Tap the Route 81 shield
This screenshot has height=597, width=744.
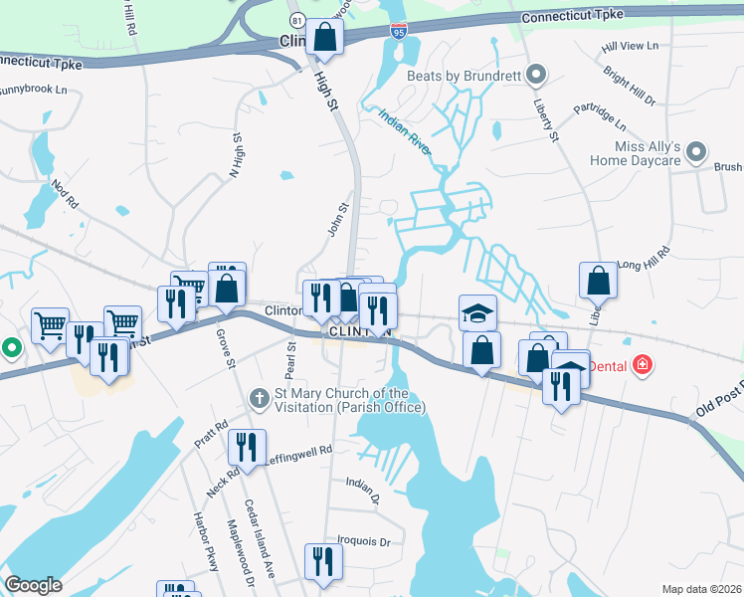[x=296, y=20]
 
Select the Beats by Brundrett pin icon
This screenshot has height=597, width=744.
[x=537, y=75]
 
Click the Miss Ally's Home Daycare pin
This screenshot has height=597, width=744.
[x=696, y=152]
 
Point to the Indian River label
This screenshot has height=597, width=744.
[x=404, y=131]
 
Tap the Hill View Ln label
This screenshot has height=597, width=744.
[x=631, y=47]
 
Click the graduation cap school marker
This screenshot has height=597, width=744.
[x=477, y=313]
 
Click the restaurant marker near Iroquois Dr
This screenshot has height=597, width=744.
[x=323, y=561]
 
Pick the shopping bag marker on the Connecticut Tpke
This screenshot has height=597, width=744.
[x=324, y=38]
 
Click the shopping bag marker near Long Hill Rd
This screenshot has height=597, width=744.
[x=599, y=281]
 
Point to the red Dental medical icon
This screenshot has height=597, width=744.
[x=643, y=366]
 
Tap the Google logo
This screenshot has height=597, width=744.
[x=34, y=585]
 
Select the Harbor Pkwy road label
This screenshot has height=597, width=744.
[x=203, y=539]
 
